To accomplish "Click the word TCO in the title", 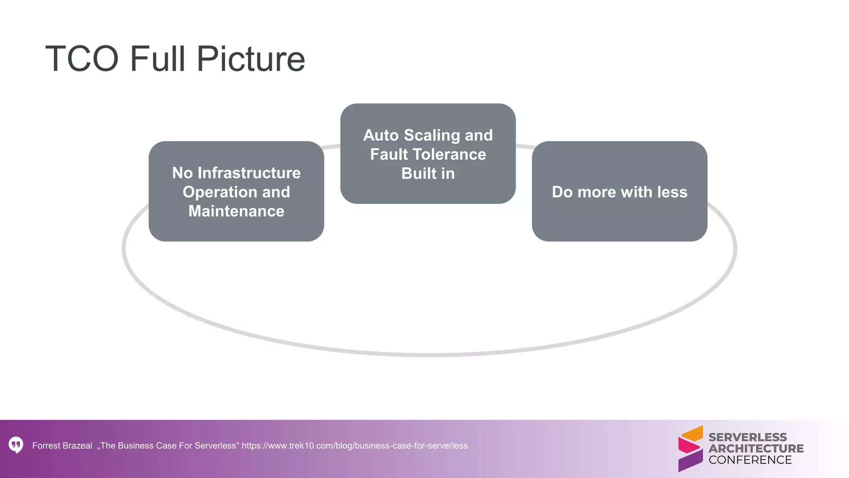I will tap(82, 59).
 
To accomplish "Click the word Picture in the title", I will tap(251, 59).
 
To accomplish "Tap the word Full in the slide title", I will tap(157, 59).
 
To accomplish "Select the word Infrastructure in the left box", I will tap(249, 173).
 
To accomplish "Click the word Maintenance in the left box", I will tap(236, 211).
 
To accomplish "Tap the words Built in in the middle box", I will tap(428, 173).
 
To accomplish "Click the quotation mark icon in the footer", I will tap(16, 445).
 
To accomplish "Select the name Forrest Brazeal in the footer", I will tap(62, 446).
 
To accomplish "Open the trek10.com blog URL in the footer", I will tap(354, 446).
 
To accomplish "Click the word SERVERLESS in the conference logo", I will tap(747, 437).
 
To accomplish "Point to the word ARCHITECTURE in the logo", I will tap(756, 449).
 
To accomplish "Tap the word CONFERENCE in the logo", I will tap(750, 460).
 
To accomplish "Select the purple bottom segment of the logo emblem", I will tap(690, 461).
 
